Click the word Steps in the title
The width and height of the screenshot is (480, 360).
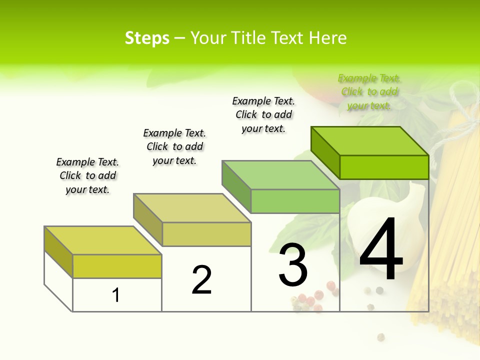[x=147, y=38]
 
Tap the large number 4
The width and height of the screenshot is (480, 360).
[x=381, y=250]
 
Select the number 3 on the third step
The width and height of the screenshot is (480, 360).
[x=292, y=265]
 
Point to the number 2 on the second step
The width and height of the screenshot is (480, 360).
[x=201, y=280]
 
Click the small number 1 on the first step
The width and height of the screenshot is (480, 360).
[x=116, y=295]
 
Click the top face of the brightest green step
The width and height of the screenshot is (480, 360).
[x=370, y=140]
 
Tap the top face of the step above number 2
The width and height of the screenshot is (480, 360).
[x=192, y=208]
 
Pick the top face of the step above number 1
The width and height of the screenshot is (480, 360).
[x=103, y=240]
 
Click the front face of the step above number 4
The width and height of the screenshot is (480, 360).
[x=384, y=167]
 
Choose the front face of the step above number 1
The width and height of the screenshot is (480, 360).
[x=117, y=266]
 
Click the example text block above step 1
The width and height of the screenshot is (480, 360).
[x=87, y=175]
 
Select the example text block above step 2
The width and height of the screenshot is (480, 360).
[x=174, y=146]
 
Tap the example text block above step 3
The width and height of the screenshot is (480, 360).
[x=263, y=114]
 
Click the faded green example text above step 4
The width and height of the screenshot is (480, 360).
[x=369, y=91]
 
